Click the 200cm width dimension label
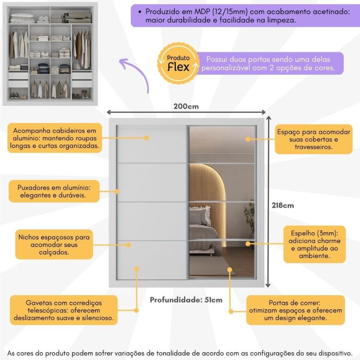coord(186,107)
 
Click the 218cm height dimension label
coord(283,205)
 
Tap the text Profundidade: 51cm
coord(186,300)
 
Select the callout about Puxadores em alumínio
coord(54,191)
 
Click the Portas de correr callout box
coord(296,310)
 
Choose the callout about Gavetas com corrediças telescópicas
coord(63,310)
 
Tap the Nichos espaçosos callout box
coord(54,244)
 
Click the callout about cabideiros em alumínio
coord(54,138)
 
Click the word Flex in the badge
coord(178,67)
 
